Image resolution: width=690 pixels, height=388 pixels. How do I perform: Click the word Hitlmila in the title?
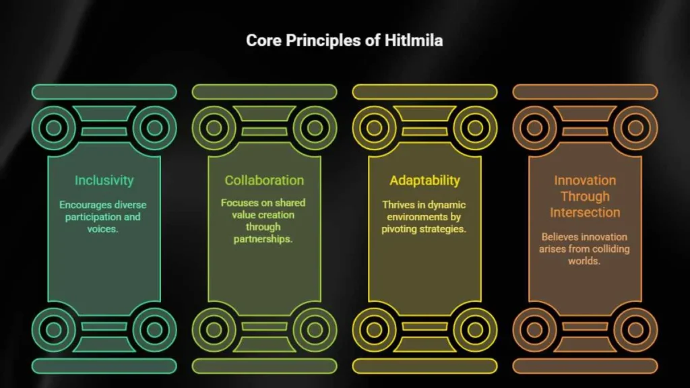coord(414,40)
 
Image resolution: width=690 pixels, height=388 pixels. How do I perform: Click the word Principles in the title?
coord(323,41)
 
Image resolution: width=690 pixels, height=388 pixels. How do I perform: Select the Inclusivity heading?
coord(104,181)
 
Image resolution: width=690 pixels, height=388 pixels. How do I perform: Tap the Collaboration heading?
coord(264,181)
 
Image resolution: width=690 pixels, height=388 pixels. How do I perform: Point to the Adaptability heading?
coord(425,181)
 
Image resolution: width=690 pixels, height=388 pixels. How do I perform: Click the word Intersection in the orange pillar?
coord(585,212)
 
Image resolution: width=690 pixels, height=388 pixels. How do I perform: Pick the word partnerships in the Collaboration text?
coord(263,239)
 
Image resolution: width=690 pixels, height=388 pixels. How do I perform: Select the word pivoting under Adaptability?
coord(396,229)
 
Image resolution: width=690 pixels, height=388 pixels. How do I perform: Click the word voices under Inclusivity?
coord(102,229)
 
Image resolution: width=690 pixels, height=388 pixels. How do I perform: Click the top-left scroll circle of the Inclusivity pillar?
coord(54,128)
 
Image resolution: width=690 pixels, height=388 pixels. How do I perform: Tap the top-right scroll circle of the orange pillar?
coord(635,128)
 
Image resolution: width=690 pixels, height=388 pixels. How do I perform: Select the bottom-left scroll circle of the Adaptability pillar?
coord(375,329)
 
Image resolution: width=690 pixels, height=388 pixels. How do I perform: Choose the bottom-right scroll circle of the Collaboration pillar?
coord(315,329)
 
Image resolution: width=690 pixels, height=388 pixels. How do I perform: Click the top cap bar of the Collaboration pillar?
coord(264,92)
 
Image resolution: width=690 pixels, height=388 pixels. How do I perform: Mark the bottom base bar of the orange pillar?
coord(586,366)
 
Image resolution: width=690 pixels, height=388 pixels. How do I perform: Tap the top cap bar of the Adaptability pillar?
coord(425,92)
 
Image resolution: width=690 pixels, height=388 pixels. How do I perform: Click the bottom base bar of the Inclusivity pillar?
coord(104,366)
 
